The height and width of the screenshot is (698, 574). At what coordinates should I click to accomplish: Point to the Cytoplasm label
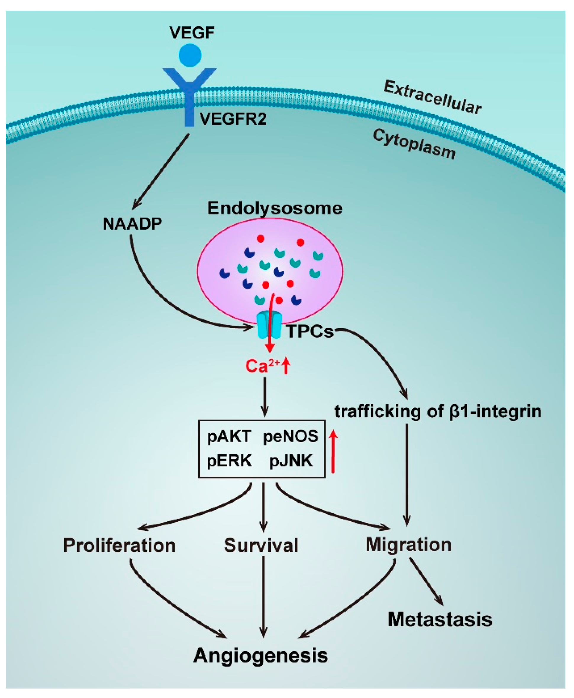(x=414, y=144)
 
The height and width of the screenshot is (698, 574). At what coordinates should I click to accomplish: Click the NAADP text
(x=132, y=224)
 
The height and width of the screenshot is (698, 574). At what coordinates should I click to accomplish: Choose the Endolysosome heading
(x=275, y=208)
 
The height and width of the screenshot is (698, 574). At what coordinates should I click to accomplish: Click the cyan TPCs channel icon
(x=270, y=326)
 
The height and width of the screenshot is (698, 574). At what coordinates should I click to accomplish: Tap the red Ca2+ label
(x=262, y=366)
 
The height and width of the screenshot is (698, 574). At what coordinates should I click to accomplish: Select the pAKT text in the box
(x=229, y=436)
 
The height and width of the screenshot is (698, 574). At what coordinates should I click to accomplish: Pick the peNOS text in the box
(x=290, y=436)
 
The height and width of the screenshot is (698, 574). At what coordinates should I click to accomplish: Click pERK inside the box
(x=229, y=461)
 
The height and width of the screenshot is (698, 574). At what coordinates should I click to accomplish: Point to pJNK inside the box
(x=291, y=461)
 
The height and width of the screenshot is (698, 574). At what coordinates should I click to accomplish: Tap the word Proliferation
(x=119, y=546)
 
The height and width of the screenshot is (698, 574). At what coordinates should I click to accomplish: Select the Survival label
(x=261, y=546)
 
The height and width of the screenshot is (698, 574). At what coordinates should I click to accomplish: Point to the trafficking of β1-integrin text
(x=438, y=411)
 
